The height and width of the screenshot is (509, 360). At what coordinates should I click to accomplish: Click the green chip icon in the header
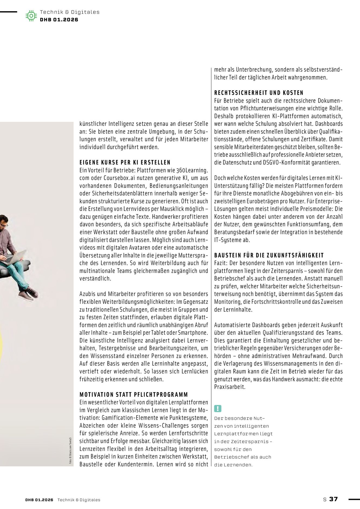pos(31,16)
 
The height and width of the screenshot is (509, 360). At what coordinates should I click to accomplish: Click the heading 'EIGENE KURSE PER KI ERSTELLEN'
pos(125,163)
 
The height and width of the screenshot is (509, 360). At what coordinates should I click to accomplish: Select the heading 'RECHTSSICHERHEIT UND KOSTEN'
pos(259,93)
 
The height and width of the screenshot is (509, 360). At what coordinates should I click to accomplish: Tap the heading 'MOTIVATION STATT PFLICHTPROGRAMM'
pos(134,395)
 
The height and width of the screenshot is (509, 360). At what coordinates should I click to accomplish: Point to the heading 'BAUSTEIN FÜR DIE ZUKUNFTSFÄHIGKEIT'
pos(269,255)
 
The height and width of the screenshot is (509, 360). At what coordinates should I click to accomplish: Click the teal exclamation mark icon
pos(218,409)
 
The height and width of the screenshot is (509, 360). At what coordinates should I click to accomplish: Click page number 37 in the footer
pos(333,499)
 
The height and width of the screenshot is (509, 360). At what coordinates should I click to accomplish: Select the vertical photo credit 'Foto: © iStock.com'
pos(71,450)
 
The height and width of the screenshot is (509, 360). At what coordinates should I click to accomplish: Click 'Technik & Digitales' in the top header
pos(70,12)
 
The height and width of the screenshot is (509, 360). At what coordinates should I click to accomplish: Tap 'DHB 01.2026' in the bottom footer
pos(39,500)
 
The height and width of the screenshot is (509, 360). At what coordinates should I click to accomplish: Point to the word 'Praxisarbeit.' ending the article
pos(230,387)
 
